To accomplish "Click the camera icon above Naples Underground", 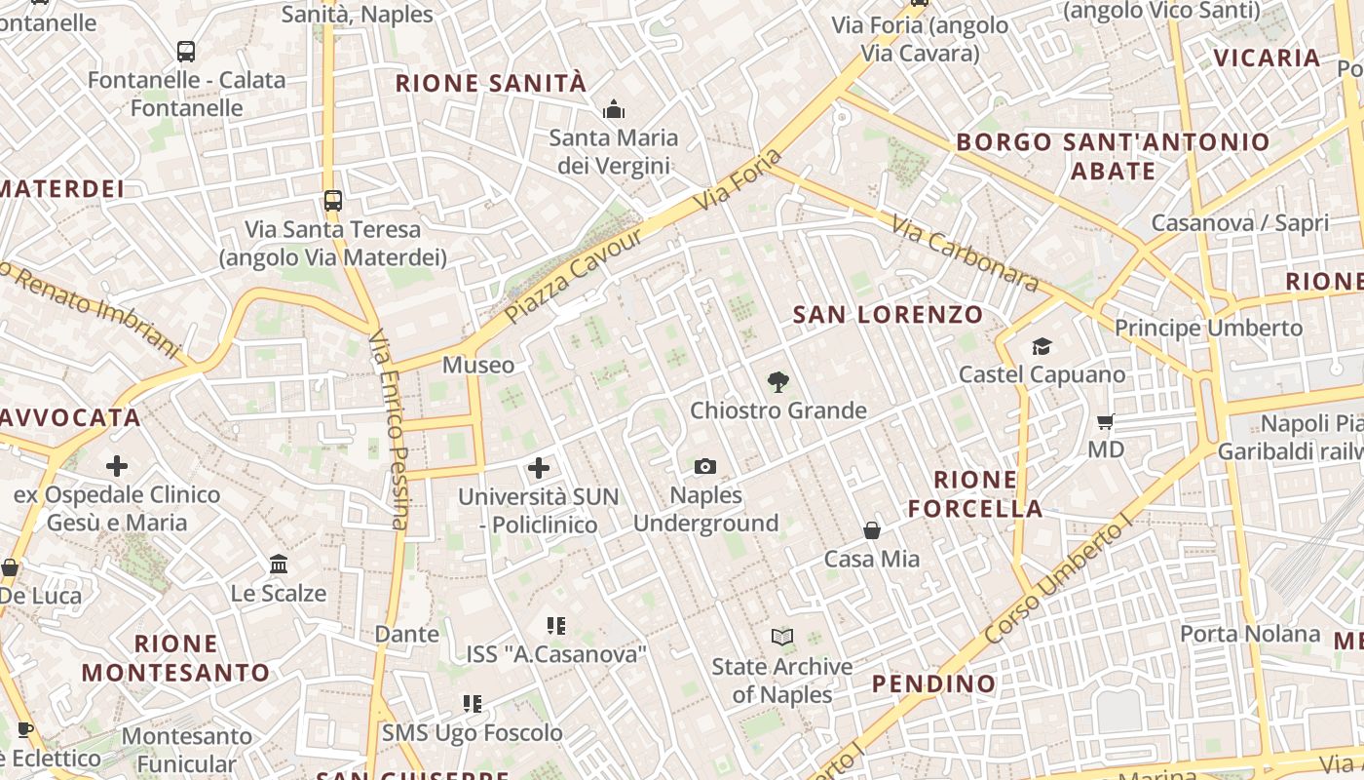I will pos(704,467).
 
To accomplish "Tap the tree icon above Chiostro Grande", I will pos(777,382).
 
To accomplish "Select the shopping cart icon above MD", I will pos(1105,422).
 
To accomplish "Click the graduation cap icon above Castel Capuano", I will pos(1042,347).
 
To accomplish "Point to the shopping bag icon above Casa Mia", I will pos(872,530).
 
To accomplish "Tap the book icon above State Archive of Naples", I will pos(781,638).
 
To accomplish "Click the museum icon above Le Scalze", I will pos(279,565).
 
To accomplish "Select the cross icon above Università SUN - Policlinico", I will pos(539,468).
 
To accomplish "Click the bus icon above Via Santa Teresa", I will pos(333,201).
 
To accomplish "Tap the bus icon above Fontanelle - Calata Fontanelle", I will pos(186,52).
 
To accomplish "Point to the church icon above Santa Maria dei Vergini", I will pos(614,109).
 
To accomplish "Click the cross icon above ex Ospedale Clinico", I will pos(117,466).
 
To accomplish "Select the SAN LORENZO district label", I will pos(888,315).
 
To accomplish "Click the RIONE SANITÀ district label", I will pos(491,84).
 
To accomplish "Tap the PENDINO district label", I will pos(933,683).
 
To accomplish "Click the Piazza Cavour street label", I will pos(576,276).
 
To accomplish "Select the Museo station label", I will pos(477,366).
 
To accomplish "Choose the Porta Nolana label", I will pos(1250,634).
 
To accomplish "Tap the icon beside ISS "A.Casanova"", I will pos(556,626).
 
